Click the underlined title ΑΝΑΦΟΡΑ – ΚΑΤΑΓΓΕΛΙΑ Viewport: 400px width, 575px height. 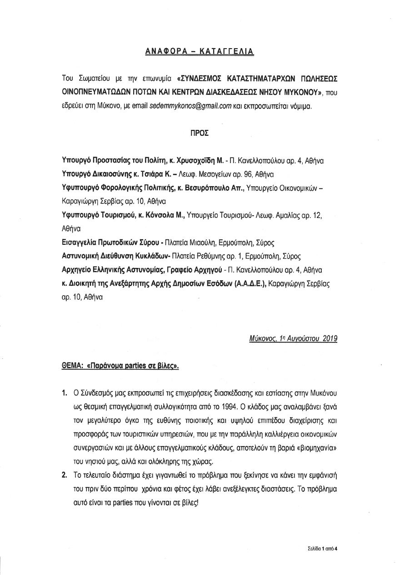pos(200,52)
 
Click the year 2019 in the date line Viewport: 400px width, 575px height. pos(328,338)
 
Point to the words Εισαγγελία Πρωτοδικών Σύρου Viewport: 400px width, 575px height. pos(111,243)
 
